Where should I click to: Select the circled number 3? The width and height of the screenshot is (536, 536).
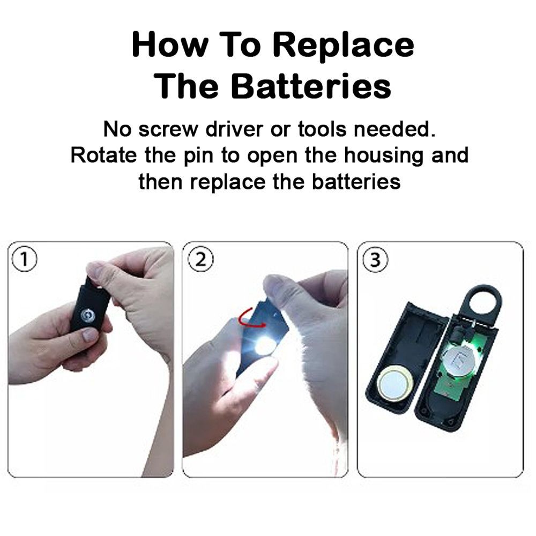point(375,260)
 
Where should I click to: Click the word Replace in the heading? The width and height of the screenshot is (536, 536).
point(344,46)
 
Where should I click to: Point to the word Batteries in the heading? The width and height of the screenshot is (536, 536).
point(311,86)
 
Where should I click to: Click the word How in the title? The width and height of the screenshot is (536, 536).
point(170,45)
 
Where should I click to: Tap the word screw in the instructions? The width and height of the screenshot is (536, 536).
point(168,130)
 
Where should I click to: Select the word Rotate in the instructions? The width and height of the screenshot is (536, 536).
point(103,155)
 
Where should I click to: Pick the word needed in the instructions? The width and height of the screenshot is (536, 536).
point(394,129)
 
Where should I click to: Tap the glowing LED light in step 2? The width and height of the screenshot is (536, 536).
point(264,346)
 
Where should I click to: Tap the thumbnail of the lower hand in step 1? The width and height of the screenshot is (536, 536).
point(90,335)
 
